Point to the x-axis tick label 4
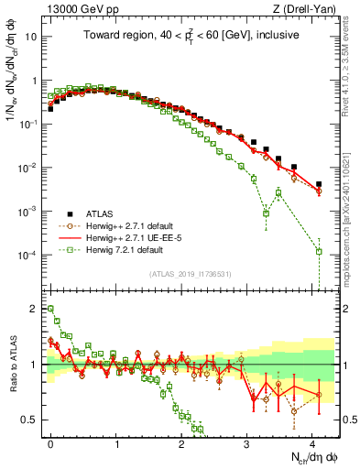pyautogui.click(x=313, y=442)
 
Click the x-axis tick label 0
pyautogui.click(x=50, y=442)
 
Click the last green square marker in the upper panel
pyautogui.click(x=319, y=251)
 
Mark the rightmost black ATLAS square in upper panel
pyautogui.click(x=319, y=184)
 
